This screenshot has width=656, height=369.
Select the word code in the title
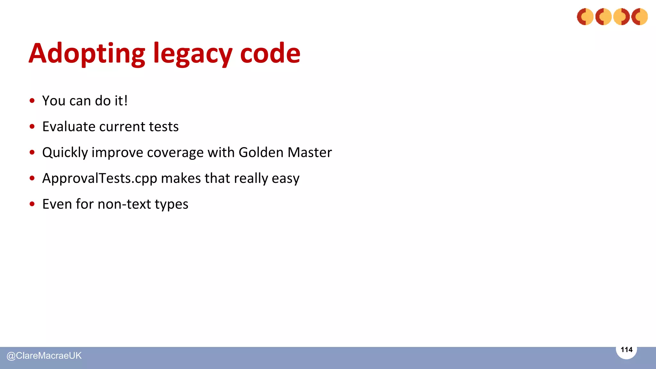pos(270,53)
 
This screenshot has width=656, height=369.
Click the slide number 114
pos(627,350)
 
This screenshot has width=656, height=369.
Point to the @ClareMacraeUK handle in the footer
pos(44,356)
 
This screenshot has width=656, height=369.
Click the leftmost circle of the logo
pos(585,17)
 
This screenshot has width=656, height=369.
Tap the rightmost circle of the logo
pos(640,17)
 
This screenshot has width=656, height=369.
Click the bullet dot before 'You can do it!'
pos(32,101)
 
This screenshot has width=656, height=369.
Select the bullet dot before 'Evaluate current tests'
pos(32,127)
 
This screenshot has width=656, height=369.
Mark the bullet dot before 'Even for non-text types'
pos(32,204)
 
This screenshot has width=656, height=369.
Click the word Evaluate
pos(69,127)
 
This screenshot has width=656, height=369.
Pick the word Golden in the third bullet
pos(261,152)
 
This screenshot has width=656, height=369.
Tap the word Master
pos(310,152)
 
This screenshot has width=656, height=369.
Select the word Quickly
pos(65,152)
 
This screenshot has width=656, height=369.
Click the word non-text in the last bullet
pos(124,204)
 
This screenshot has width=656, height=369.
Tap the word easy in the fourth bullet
pos(286,178)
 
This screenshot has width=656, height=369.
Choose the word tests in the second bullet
pos(164,127)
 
